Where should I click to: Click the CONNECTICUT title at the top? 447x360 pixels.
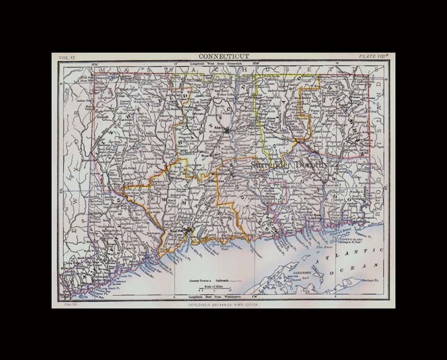[223, 57]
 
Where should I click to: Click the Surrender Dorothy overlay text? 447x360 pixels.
[289, 164]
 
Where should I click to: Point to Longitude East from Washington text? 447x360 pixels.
[215, 296]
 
